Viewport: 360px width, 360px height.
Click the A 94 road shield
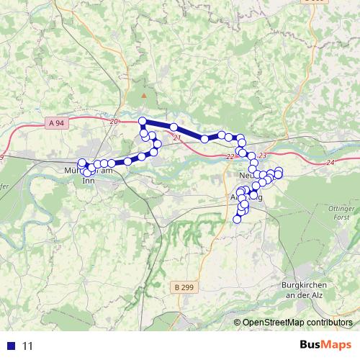click(x=58, y=123)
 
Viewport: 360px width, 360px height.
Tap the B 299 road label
click(x=184, y=287)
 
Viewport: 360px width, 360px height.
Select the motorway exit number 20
click(x=114, y=122)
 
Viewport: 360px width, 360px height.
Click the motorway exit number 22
click(x=229, y=157)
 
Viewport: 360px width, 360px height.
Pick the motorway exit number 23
click(x=261, y=156)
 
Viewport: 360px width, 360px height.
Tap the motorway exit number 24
click(x=330, y=163)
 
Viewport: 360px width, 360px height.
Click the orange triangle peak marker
click(x=145, y=95)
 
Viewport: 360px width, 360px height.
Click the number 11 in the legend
click(x=28, y=346)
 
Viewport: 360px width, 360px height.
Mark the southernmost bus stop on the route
click(x=237, y=219)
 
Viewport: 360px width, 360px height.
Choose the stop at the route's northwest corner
click(x=143, y=121)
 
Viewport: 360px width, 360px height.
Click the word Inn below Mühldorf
click(x=89, y=181)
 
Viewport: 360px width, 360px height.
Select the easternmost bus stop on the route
click(x=279, y=171)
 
